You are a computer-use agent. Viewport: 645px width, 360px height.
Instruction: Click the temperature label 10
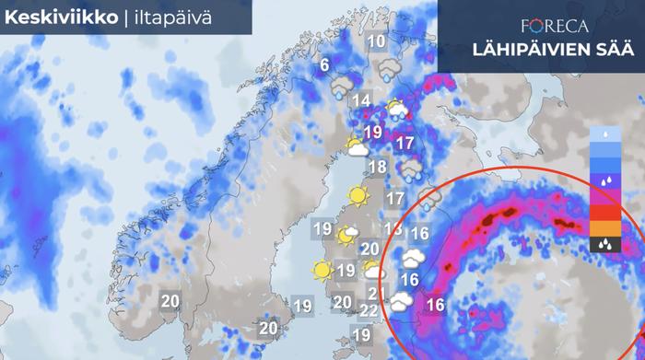pyautogui.click(x=376, y=41)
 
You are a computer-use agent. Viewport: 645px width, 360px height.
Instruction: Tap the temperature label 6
pyautogui.click(x=323, y=65)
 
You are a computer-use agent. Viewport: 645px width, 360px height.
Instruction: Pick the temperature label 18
pyautogui.click(x=377, y=168)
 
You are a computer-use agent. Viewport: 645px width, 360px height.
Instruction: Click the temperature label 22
pyautogui.click(x=368, y=311)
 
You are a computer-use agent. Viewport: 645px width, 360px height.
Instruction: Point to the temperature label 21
pyautogui.click(x=375, y=294)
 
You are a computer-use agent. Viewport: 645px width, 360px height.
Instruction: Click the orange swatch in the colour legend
pyautogui.click(x=604, y=228)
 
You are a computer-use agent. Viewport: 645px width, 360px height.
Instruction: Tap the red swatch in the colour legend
pyautogui.click(x=604, y=213)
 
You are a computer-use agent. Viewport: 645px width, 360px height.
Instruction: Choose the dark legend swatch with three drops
pyautogui.click(x=604, y=245)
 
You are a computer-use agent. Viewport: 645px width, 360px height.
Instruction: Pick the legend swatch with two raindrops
pyautogui.click(x=604, y=182)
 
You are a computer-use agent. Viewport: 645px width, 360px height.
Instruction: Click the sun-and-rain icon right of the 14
pyautogui.click(x=397, y=111)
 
